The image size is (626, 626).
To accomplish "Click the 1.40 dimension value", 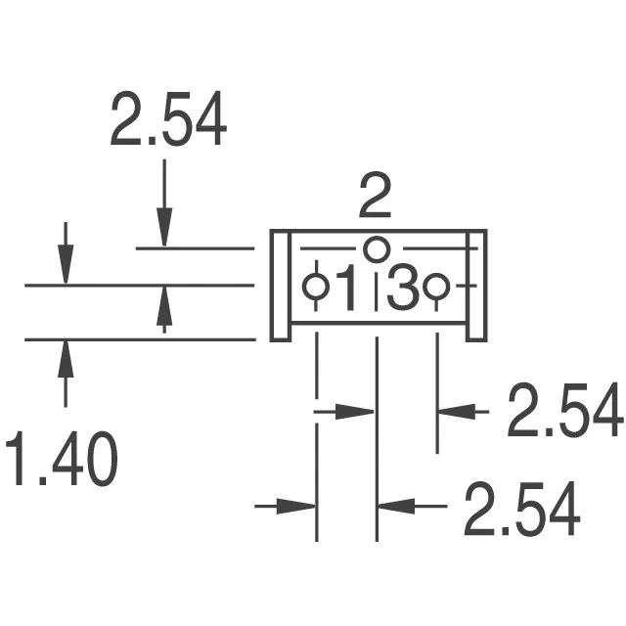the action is (x=62, y=459).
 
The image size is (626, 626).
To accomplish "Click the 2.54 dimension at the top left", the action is (x=168, y=118).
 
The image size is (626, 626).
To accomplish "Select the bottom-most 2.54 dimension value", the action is (x=521, y=509).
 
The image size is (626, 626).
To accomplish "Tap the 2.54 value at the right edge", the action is (x=565, y=410).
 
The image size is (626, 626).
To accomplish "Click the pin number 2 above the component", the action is (x=375, y=196).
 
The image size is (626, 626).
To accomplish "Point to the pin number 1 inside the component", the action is (x=346, y=287).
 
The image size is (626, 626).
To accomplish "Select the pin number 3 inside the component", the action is (x=404, y=288).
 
